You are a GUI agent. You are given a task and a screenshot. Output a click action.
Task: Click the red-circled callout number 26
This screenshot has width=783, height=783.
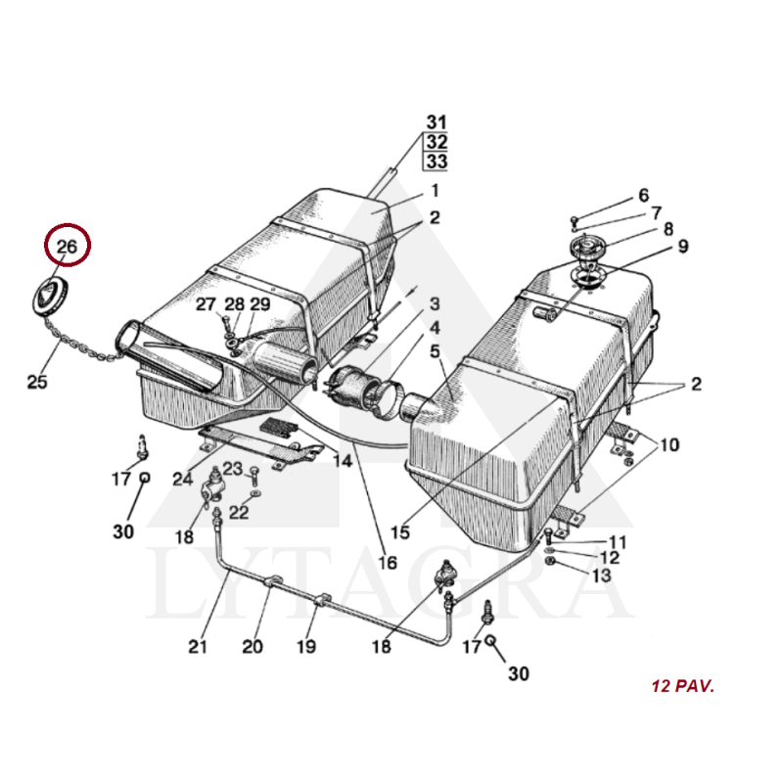tap(67, 247)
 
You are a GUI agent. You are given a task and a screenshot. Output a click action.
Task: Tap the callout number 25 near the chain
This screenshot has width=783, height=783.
tap(37, 382)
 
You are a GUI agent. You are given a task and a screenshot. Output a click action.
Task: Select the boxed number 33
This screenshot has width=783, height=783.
tap(436, 161)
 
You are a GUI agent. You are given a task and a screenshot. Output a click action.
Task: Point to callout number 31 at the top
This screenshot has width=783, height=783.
tap(436, 122)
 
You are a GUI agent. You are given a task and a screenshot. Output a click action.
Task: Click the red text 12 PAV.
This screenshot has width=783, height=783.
tap(682, 686)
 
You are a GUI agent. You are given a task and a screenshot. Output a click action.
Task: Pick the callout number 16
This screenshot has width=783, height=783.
tap(388, 563)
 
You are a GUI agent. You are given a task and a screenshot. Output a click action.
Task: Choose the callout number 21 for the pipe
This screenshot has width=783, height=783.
tap(199, 646)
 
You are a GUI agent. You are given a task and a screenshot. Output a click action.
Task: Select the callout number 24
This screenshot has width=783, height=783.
tap(183, 480)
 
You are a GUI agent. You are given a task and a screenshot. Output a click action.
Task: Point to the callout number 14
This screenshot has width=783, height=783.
tap(342, 460)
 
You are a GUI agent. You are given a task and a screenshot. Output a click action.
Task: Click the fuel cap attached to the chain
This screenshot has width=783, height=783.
tap(48, 296)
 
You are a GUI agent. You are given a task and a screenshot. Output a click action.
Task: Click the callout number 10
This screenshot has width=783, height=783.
tap(668, 446)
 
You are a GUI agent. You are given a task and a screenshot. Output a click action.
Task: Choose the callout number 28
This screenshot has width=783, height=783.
tap(235, 305)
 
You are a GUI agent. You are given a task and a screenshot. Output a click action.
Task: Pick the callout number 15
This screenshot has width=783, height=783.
tap(399, 532)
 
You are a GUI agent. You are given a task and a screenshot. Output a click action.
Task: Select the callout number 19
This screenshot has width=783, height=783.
tap(306, 646)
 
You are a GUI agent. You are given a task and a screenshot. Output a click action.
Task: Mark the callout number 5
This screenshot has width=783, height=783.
tap(435, 349)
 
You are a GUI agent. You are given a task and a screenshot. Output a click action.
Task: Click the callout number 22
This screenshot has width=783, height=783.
tap(239, 512)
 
